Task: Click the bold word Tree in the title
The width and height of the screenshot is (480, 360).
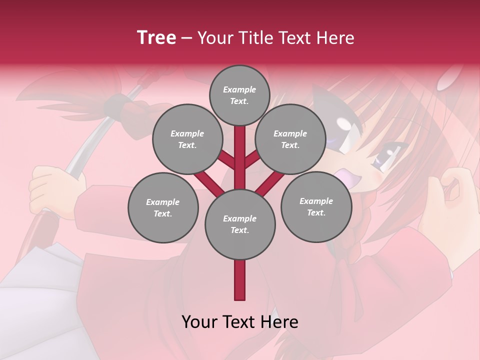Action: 156,37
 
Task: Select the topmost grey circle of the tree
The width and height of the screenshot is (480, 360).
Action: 239,95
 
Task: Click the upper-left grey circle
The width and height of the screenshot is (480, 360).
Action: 187,139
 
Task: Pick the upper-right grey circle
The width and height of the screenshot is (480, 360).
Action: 290,139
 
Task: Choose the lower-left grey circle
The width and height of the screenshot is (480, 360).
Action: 162,207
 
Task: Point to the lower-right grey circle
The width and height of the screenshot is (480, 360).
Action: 316,206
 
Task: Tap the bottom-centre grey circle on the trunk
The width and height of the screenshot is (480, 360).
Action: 239,224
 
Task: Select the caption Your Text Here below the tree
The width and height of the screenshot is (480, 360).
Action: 239,322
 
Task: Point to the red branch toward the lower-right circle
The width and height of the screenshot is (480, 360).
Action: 270,183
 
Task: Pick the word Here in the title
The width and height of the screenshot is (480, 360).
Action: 335,38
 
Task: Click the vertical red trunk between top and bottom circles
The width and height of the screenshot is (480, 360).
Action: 239,157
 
